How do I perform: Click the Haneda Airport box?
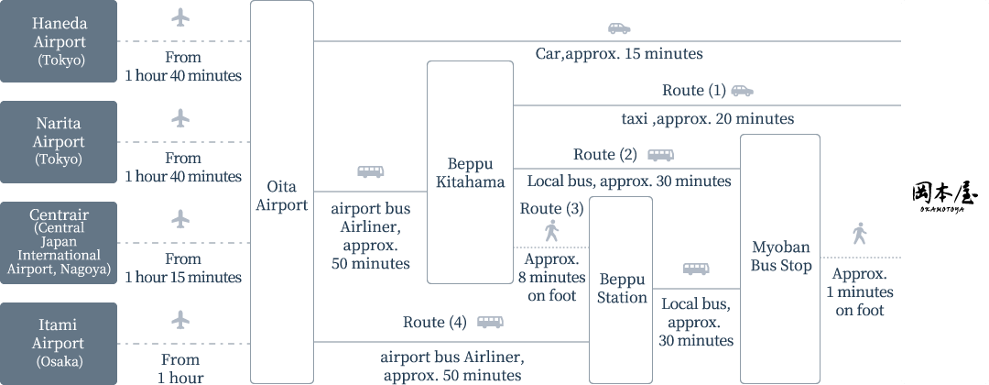59,41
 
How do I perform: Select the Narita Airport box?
59,142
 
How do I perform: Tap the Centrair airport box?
59,243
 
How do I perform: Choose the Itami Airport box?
59,343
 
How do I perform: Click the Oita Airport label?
281,196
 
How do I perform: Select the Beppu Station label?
622,288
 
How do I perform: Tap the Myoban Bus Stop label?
781,257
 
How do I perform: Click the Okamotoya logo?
945,196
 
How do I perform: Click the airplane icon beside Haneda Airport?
180,17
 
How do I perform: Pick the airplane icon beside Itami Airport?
180,319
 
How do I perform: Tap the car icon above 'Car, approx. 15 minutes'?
619,28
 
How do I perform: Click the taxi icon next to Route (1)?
742,91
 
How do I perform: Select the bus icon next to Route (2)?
660,155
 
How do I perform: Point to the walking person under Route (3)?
551,231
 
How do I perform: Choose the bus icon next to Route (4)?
490,323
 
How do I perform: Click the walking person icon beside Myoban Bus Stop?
858,233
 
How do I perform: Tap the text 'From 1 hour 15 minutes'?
183,269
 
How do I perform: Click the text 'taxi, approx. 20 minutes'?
707,119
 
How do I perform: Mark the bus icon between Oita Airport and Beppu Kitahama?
370,171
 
